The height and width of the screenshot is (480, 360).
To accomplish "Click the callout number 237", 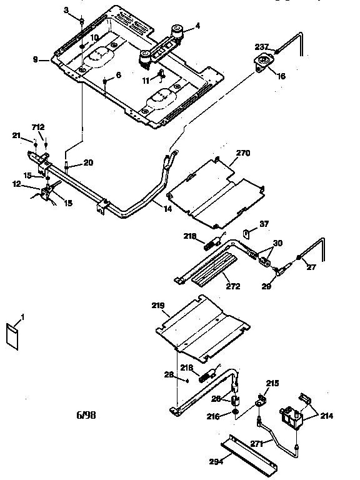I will pyautogui.click(x=261, y=47).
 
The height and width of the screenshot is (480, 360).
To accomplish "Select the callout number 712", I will pyautogui.click(x=39, y=127).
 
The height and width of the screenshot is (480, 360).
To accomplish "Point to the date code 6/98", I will pyautogui.click(x=87, y=414).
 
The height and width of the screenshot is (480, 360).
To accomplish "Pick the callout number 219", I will pyautogui.click(x=158, y=306).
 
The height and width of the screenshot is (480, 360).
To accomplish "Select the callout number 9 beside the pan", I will pyautogui.click(x=36, y=59).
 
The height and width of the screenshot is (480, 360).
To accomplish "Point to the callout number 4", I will pyautogui.click(x=198, y=26).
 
